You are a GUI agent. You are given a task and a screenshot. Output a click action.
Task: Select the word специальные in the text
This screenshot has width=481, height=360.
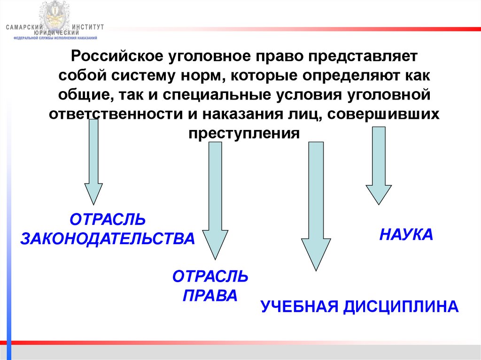211,95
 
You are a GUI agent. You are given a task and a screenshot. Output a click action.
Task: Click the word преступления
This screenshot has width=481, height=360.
244,133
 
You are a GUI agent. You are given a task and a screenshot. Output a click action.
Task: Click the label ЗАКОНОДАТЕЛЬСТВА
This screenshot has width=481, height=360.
107,238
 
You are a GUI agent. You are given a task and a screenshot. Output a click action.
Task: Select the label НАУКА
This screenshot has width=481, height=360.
406,234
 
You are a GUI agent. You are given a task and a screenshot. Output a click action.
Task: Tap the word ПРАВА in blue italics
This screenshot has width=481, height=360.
210,296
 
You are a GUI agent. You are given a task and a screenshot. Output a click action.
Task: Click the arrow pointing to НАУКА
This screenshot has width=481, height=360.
379,164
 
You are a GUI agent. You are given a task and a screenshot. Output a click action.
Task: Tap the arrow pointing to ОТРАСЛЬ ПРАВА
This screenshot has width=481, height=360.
215,199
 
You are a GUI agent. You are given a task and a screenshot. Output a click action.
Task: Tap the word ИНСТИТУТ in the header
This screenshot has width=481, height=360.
89,28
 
